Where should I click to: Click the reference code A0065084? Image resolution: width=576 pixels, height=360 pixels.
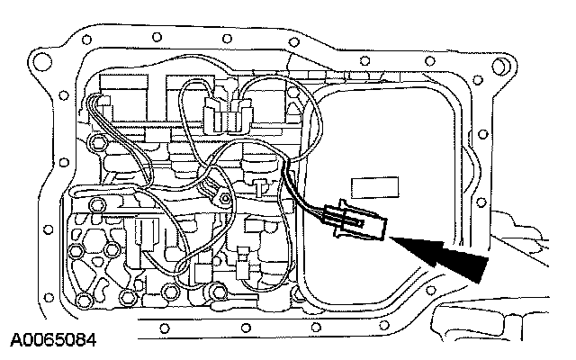click(53, 342)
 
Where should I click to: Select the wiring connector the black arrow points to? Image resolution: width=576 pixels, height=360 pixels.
click(356, 222)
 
